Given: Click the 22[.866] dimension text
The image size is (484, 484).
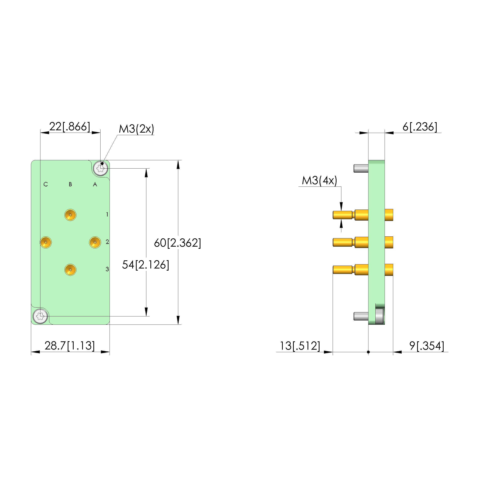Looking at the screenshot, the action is pos(70,127).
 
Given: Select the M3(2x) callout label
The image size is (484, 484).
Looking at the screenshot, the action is pos(136,129).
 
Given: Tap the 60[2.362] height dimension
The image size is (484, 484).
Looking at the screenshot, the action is pos(177,243).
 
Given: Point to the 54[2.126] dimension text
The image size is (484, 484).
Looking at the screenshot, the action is pos(146,265).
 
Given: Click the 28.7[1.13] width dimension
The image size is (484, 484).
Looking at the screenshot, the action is pos(70,346).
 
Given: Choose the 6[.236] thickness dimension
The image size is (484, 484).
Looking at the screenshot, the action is pos(420,127).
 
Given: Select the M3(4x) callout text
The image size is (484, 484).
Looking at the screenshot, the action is pos(319,181).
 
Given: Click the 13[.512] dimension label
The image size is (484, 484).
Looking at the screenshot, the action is pos(300,346).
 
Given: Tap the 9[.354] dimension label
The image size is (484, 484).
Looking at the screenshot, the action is pos(427,346).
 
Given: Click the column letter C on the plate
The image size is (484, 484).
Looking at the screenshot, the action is pos(46,184).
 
